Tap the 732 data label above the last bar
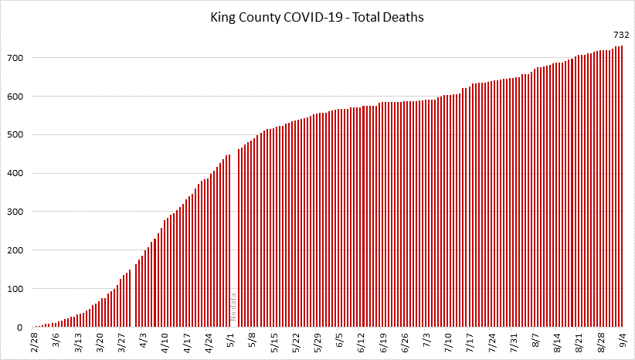(620, 35)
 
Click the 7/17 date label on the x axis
(470, 341)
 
